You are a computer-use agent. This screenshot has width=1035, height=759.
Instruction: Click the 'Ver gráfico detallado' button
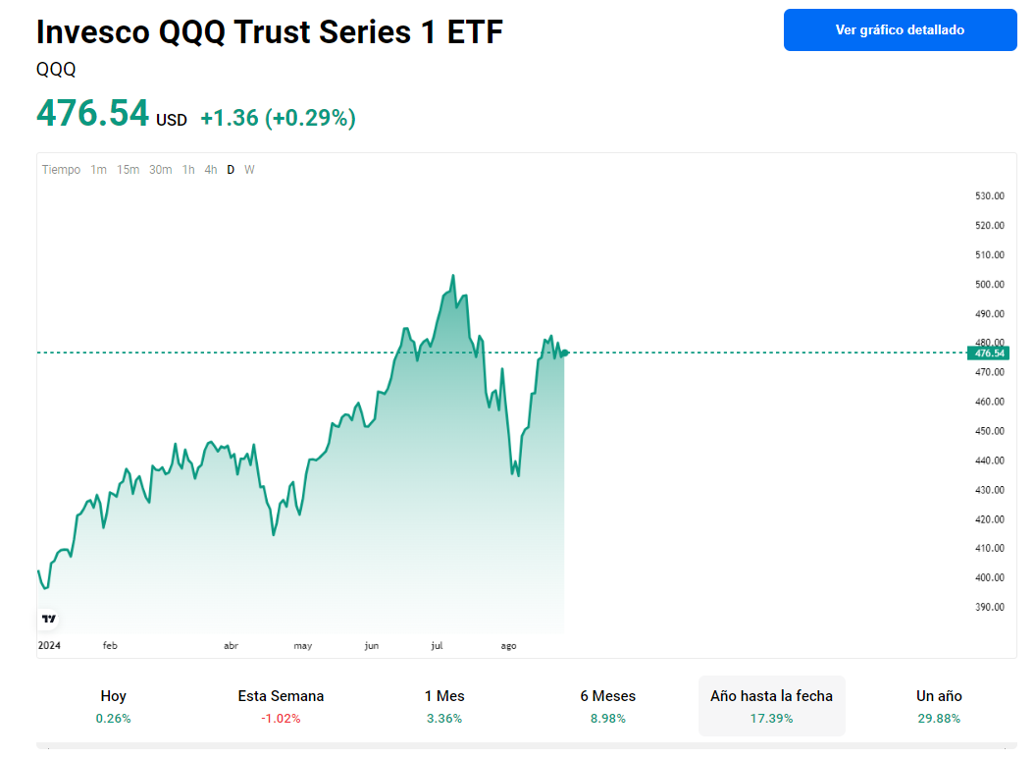coord(900,29)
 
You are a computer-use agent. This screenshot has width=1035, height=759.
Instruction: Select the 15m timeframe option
coord(128,170)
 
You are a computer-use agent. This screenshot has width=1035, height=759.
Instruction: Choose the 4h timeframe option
coord(211,170)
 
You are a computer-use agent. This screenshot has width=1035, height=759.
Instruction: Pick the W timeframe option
coord(249,170)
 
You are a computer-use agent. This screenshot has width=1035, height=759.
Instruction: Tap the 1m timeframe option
coord(98,170)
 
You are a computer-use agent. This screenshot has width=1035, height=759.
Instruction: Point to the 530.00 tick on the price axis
coord(990,196)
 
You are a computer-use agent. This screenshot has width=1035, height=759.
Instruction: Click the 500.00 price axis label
coord(990,285)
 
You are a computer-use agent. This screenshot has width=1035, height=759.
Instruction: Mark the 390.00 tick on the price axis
coord(990,607)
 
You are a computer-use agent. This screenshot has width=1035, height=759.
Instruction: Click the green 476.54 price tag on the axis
coord(990,352)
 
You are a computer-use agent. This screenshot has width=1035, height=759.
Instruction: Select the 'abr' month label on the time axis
coord(232,645)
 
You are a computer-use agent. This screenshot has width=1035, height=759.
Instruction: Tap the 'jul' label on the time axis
coord(437,645)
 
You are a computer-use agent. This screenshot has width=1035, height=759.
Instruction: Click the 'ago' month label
coord(508,645)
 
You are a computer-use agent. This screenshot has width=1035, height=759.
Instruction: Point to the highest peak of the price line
coord(452,276)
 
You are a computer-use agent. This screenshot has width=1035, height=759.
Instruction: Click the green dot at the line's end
coord(564,352)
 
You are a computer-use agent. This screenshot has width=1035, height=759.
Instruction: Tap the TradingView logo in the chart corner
coord(49,619)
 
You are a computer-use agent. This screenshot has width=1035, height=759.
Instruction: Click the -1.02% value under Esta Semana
coord(281,718)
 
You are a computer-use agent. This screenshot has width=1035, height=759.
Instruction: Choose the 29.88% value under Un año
coord(939,718)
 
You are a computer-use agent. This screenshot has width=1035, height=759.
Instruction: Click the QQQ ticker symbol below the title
coord(56,70)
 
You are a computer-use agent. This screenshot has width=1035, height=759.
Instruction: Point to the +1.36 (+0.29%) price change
coord(278,118)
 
